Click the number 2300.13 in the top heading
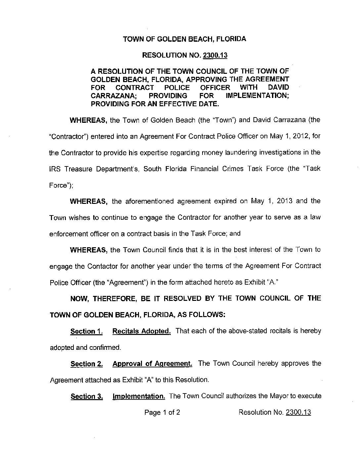(x=215, y=55)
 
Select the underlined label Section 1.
(x=86, y=332)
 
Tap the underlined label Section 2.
(x=87, y=364)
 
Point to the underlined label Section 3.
(x=87, y=396)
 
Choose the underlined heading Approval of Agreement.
(x=152, y=364)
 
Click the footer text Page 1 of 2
(x=162, y=412)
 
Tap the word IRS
(x=55, y=169)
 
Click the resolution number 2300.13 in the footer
(x=298, y=412)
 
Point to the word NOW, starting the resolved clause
(x=79, y=299)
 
